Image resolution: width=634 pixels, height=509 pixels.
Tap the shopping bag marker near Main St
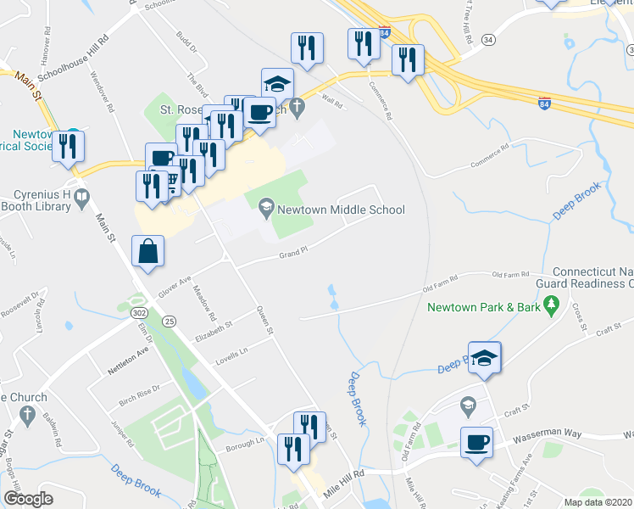click(x=147, y=253)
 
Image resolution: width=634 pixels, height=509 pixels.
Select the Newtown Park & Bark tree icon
click(x=552, y=303)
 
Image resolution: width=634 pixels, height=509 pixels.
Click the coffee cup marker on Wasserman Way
click(x=476, y=442)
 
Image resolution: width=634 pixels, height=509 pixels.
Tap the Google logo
click(x=28, y=499)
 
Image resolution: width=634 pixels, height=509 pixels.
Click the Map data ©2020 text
click(x=597, y=502)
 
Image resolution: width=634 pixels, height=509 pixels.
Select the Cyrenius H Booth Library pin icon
click(x=81, y=199)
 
